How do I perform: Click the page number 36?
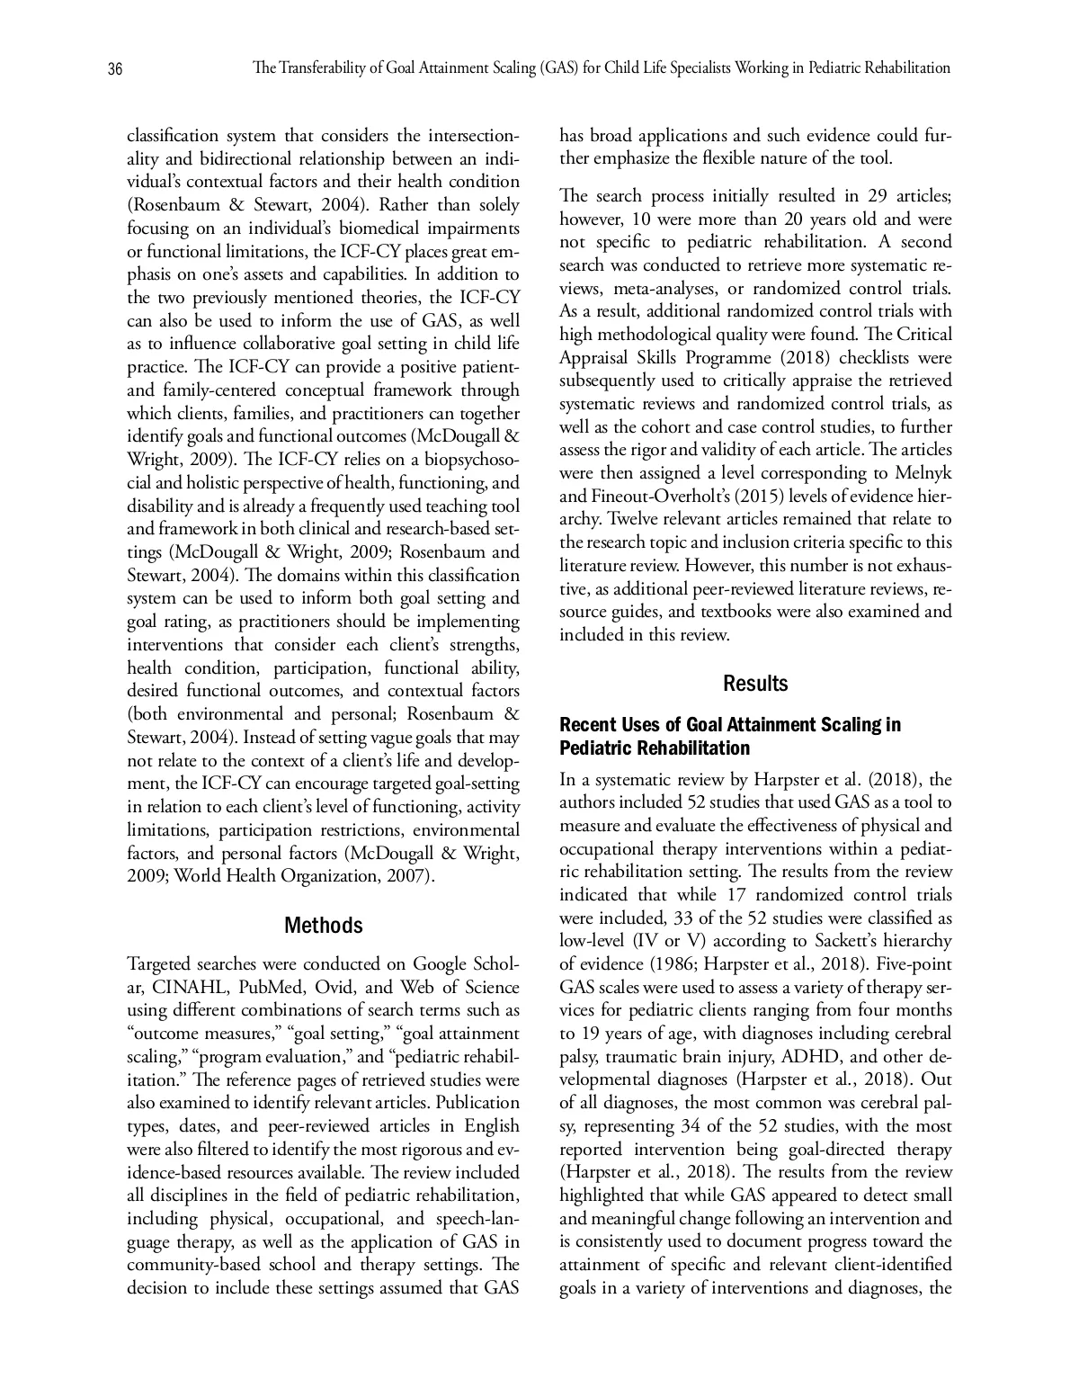(115, 69)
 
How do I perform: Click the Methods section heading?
(324, 926)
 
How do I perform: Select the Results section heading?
(755, 684)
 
